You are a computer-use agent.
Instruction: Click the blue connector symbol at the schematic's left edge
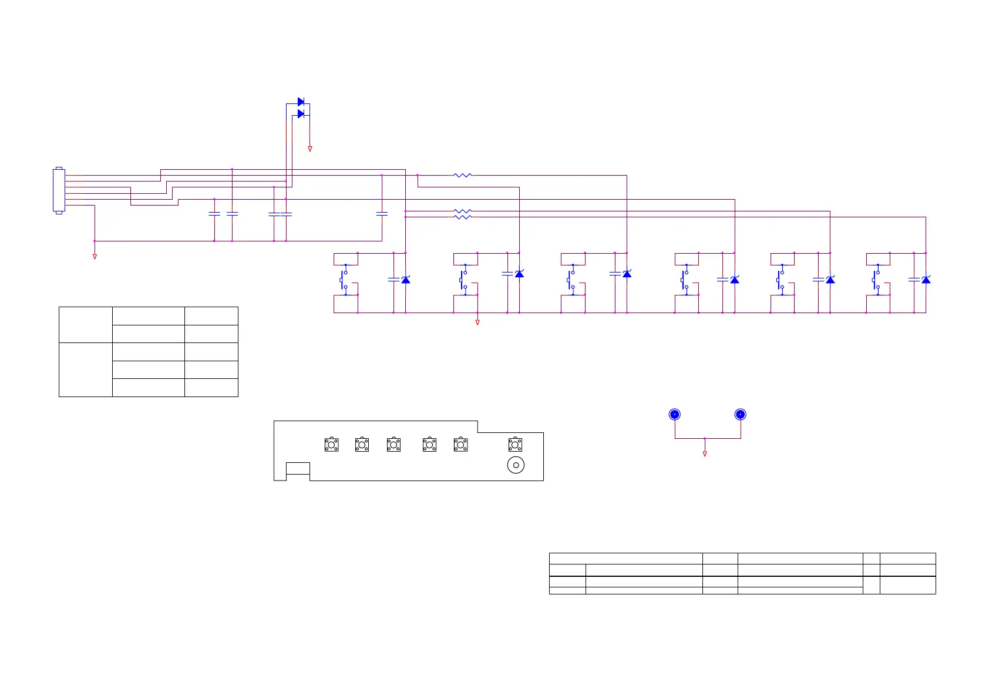(x=59, y=190)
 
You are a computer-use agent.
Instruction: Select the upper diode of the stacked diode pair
(x=301, y=102)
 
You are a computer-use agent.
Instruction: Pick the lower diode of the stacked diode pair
(x=301, y=114)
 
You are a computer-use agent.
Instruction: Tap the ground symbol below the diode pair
(x=310, y=149)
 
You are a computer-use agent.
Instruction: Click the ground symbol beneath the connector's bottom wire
(x=95, y=257)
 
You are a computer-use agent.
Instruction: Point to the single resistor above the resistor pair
(x=463, y=175)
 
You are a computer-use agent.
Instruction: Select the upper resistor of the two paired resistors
(x=463, y=211)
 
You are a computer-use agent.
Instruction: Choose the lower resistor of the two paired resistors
(x=463, y=217)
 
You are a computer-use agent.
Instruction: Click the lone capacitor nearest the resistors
(x=382, y=214)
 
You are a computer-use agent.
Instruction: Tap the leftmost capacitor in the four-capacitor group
(x=214, y=214)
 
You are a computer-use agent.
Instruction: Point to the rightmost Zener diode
(x=926, y=280)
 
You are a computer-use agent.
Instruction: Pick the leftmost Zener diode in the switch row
(x=406, y=280)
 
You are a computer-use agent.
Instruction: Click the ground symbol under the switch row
(x=477, y=322)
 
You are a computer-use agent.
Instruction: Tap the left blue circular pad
(x=675, y=415)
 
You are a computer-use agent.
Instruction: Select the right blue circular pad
(x=741, y=415)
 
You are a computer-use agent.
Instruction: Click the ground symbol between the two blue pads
(x=705, y=454)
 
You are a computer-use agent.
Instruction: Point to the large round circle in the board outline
(x=516, y=465)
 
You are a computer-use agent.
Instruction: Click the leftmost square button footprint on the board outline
(x=331, y=445)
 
